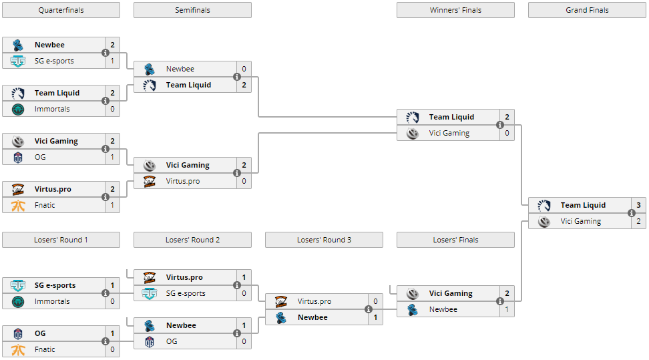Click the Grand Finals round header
587,10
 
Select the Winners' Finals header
455,10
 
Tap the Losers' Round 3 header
324,240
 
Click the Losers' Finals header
455,240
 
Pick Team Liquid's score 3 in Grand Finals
638,205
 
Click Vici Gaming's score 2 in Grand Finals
638,221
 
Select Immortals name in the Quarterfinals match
52,109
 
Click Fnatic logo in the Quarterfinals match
18,205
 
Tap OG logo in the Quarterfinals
18,157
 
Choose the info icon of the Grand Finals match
632,213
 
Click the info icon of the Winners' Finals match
500,125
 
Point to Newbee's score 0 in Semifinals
244,69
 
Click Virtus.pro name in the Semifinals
183,181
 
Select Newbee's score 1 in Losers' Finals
507,309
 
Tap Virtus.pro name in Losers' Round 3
314,301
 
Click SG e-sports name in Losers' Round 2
186,293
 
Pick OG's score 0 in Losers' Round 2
244,341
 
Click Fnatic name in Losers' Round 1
45,349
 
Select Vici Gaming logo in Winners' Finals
413,133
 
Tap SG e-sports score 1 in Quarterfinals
112,61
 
